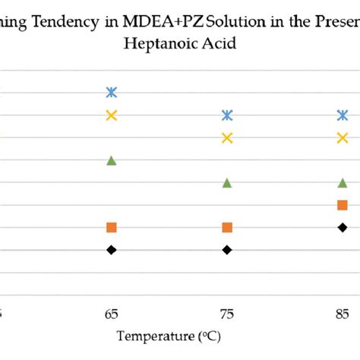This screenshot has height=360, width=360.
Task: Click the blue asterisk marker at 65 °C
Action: pos(112,93)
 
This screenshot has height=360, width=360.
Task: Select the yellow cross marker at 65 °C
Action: pos(112,115)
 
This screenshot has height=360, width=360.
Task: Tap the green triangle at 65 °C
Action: pos(112,160)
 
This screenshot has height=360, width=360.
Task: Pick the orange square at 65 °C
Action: pos(112,227)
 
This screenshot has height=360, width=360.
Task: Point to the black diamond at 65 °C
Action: pos(112,250)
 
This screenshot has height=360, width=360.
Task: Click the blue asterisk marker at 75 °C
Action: pos(227,115)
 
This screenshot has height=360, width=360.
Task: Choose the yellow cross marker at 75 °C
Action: pos(227,137)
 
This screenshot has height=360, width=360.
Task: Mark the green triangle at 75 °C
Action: pos(227,182)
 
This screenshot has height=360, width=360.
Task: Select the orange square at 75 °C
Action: pos(227,227)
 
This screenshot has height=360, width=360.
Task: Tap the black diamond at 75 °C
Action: pos(227,250)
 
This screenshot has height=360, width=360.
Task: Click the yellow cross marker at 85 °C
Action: pos(343,137)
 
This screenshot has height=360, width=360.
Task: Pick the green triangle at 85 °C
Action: pos(343,182)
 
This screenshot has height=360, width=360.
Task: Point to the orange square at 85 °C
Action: pos(343,205)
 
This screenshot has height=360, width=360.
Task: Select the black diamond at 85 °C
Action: pos(343,227)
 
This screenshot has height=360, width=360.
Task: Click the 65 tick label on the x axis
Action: pos(112,313)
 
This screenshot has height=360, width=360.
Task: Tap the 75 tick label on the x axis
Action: pos(227,313)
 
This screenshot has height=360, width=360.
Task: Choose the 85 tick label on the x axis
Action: pos(343,313)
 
